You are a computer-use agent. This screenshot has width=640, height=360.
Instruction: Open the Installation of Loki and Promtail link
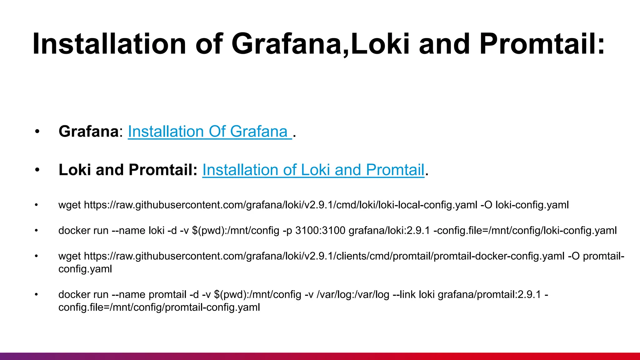coord(313,170)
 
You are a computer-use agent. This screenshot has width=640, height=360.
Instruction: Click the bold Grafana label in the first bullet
coord(88,132)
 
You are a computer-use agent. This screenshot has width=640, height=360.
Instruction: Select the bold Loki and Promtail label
coord(128,170)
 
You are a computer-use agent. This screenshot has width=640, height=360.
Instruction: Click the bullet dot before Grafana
coord(37,132)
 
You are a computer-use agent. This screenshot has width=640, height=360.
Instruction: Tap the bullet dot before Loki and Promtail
coord(37,170)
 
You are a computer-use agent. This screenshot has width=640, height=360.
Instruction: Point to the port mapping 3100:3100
coord(320,231)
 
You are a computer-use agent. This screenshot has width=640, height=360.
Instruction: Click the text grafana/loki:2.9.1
coord(389,231)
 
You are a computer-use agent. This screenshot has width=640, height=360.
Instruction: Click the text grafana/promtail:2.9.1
coord(489,295)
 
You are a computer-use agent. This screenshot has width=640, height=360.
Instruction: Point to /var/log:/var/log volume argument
coord(353,295)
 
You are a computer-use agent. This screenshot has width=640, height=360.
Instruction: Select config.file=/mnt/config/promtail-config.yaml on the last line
coord(159,307)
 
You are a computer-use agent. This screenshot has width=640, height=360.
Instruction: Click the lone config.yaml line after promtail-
coord(85,269)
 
